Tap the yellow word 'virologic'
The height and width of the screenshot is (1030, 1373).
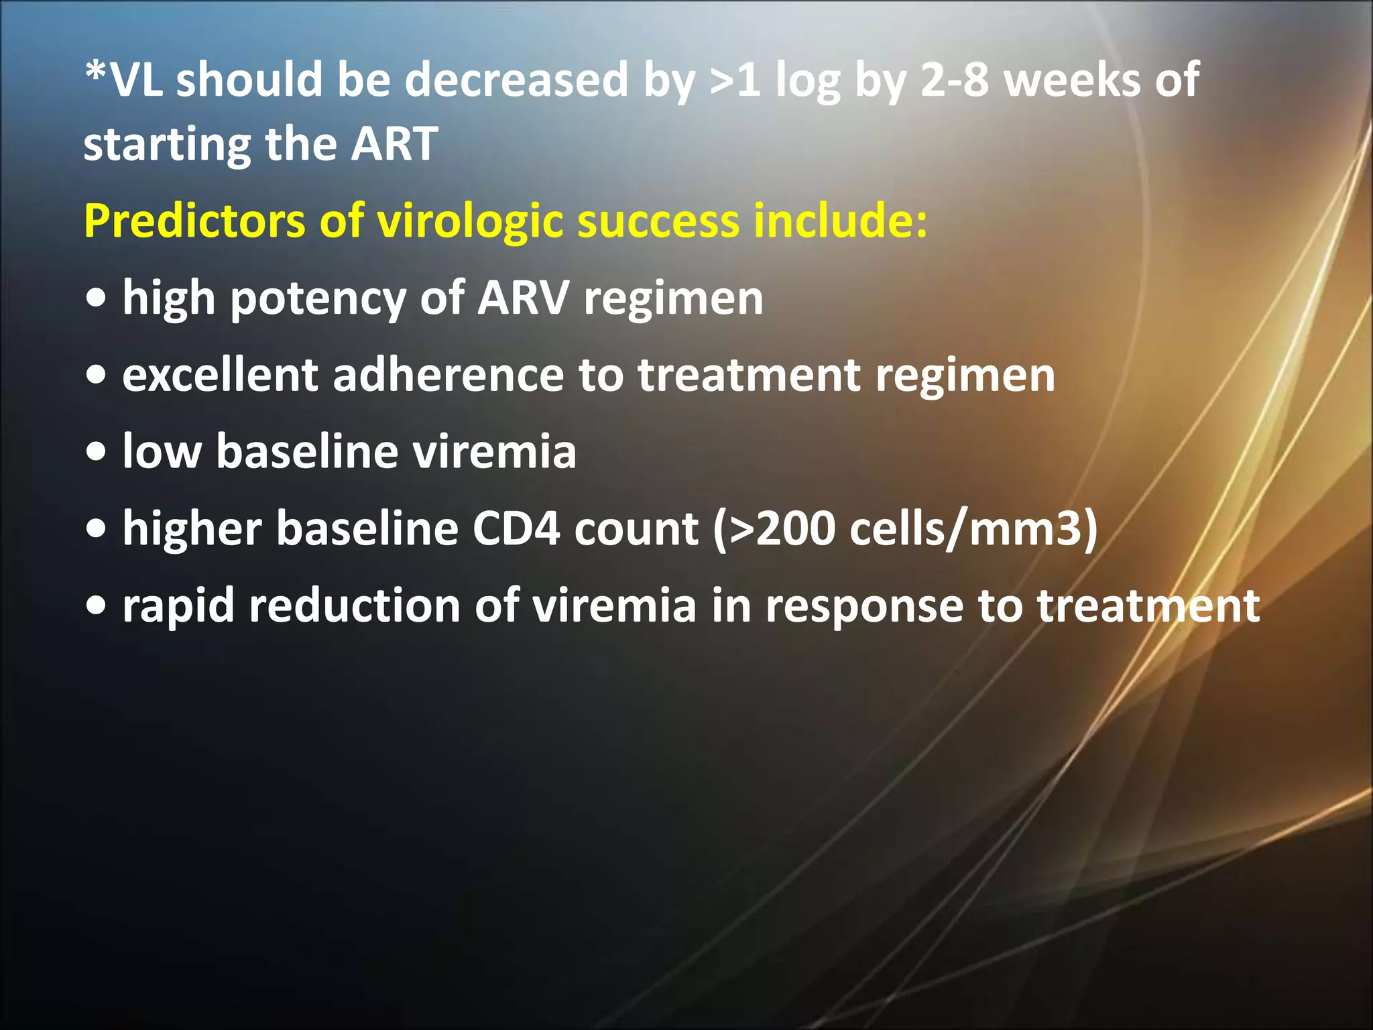(470, 221)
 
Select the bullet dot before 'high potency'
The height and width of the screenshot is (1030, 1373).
(97, 300)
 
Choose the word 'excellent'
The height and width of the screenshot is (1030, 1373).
(220, 375)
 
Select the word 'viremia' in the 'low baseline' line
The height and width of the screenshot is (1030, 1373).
(494, 451)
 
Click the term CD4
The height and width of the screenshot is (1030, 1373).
(516, 529)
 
